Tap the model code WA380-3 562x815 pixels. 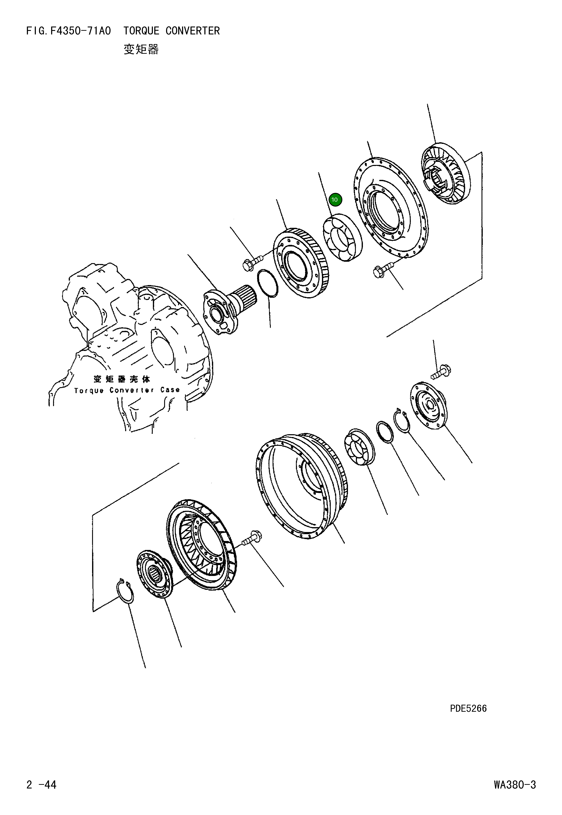point(514,785)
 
